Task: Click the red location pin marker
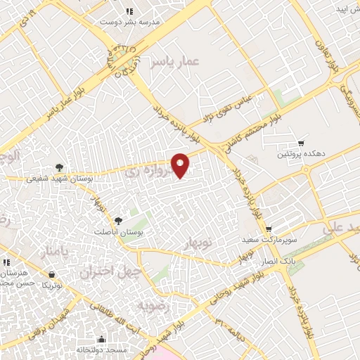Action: click(181, 165)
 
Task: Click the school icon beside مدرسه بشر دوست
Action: click(129, 11)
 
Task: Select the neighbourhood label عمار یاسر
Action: click(174, 62)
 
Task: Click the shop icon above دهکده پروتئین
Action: click(301, 143)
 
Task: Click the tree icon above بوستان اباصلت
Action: click(117, 221)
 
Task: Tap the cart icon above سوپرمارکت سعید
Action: click(268, 229)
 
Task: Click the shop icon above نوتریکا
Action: click(51, 274)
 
